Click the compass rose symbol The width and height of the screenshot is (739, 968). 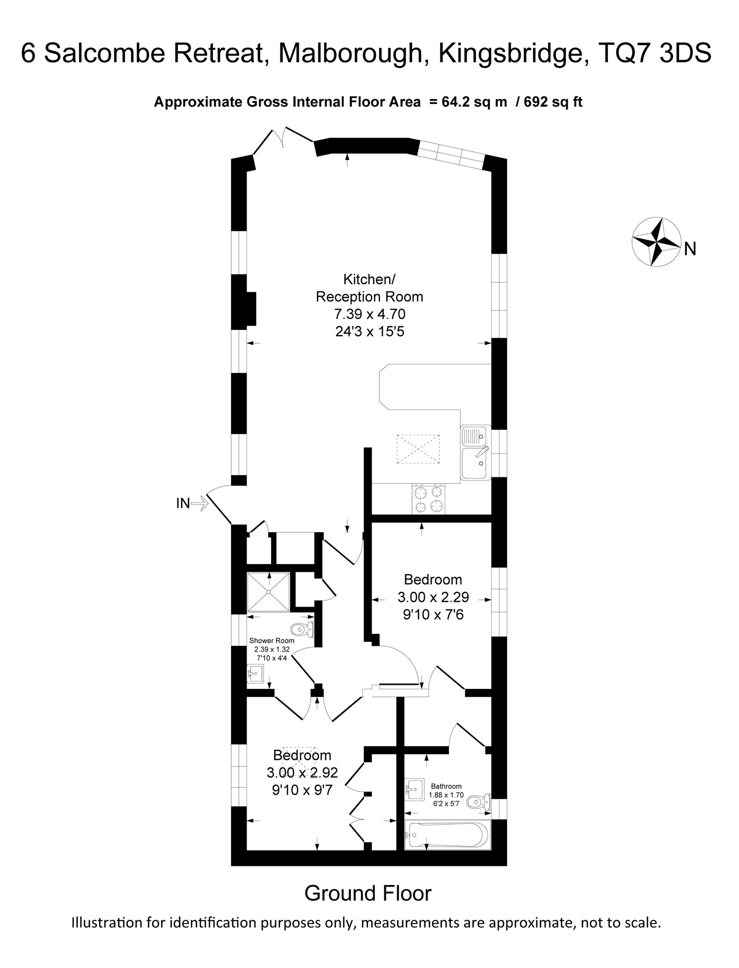tap(656, 241)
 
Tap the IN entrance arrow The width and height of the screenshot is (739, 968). tap(200, 503)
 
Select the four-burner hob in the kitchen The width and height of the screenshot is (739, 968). tap(429, 500)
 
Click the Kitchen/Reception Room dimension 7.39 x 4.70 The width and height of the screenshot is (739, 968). tap(369, 314)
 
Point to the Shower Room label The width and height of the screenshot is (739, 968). tap(272, 640)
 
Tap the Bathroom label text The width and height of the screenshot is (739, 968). tap(446, 786)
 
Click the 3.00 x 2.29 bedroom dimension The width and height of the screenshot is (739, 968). tap(433, 597)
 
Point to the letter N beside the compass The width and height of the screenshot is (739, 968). tap(690, 249)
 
